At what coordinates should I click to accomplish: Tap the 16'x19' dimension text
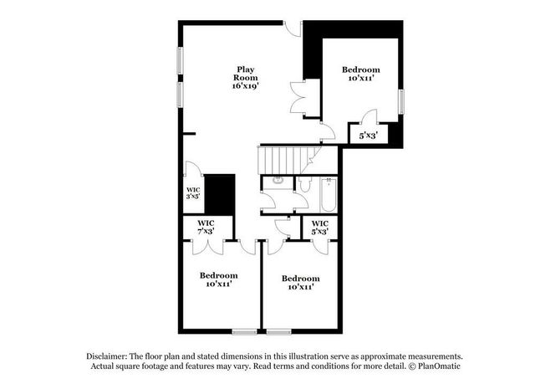[245, 86]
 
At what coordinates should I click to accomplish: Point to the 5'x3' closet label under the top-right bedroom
[368, 135]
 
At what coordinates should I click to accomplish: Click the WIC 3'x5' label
[193, 193]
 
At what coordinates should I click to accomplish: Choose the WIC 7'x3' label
[206, 227]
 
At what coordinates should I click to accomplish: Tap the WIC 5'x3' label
[319, 227]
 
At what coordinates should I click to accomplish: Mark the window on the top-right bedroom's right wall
[401, 101]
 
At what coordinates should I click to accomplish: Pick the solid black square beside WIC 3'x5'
[220, 195]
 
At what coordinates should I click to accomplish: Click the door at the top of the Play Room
[293, 28]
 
